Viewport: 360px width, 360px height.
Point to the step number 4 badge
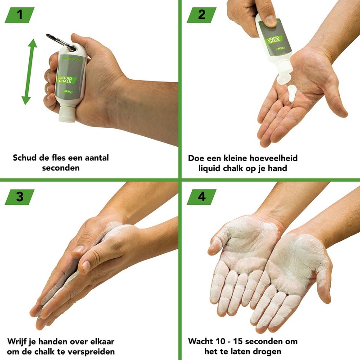click(x=201, y=197)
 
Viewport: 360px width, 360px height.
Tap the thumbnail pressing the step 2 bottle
click(x=270, y=20)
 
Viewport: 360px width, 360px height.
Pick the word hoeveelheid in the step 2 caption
click(x=272, y=158)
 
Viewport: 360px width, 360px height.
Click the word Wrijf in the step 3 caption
click(x=18, y=341)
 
